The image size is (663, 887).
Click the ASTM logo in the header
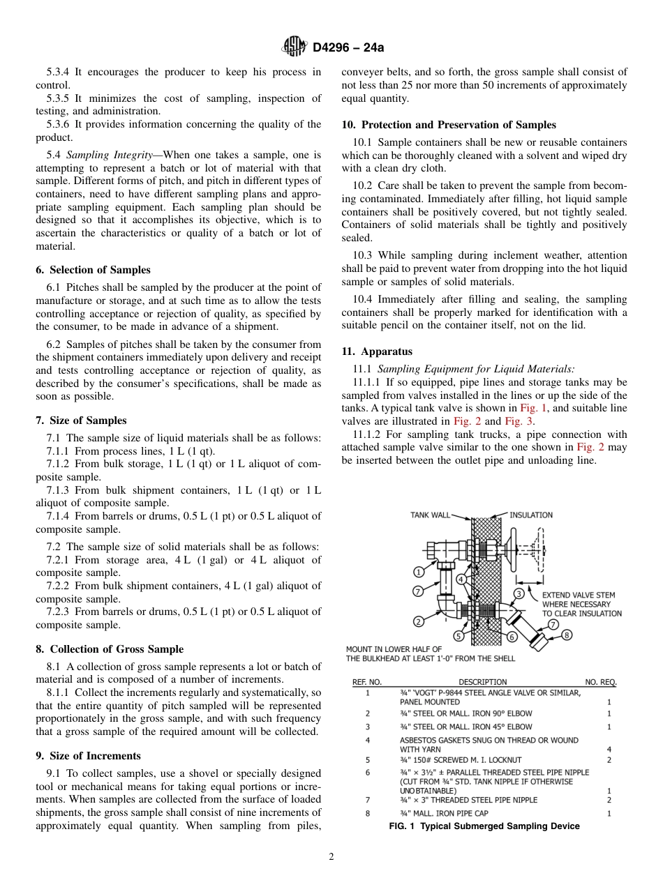[294, 47]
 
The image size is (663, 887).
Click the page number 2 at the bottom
[331, 857]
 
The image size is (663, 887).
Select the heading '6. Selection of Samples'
[93, 270]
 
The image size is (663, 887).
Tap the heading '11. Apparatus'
[377, 351]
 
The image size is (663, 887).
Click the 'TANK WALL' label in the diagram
[430, 515]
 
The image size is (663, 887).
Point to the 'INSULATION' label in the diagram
[530, 515]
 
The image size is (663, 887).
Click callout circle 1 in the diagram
[419, 572]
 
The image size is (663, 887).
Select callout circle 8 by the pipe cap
[567, 635]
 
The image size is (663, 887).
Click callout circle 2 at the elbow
[419, 621]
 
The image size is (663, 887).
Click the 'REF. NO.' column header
[366, 681]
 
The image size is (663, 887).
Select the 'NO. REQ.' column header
[600, 681]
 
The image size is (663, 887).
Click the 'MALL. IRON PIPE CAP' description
[442, 813]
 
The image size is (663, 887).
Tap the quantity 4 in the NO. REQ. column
[609, 749]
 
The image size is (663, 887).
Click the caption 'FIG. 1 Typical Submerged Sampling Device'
[484, 826]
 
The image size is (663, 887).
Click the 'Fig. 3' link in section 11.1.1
[515, 421]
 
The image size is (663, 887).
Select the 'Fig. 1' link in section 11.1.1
[530, 408]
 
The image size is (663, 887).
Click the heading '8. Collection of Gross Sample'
[110, 649]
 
